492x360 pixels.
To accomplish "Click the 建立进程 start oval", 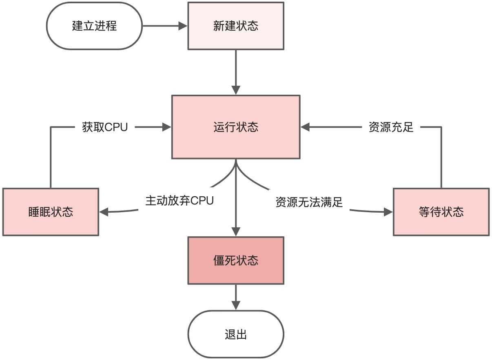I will click(x=95, y=26).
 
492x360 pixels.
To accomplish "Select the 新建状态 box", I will click(x=235, y=26).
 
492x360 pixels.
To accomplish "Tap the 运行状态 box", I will click(x=235, y=127).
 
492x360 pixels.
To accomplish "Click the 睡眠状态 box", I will click(x=51, y=212).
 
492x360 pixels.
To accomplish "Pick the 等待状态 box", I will click(x=441, y=212).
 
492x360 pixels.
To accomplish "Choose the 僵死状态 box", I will click(x=235, y=260).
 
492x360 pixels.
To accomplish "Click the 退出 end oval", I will click(x=235, y=335).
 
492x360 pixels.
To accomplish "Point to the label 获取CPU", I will click(x=105, y=127).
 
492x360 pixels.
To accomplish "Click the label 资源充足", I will click(x=391, y=127).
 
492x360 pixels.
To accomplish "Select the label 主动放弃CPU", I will click(x=180, y=201).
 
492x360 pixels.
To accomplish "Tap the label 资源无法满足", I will click(x=309, y=202).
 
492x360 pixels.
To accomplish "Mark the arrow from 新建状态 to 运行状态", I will click(x=236, y=71).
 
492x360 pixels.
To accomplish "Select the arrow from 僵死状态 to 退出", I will click(x=236, y=297).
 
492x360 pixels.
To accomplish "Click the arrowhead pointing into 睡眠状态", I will click(x=104, y=211).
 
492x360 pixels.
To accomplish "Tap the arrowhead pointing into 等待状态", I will click(x=388, y=212).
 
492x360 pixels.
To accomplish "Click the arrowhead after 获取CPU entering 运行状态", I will click(x=166, y=127).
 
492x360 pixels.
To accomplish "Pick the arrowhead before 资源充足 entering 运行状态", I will click(x=306, y=127).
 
